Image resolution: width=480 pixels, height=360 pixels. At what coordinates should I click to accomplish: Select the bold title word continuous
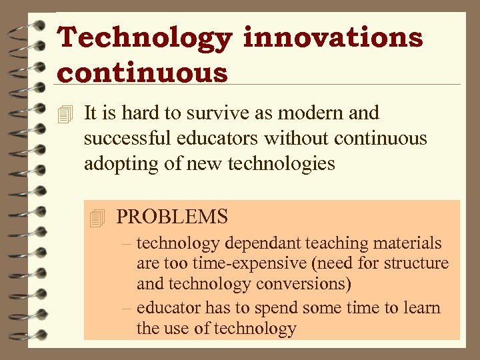(143, 72)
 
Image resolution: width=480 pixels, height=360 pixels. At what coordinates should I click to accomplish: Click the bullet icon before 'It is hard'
(64, 115)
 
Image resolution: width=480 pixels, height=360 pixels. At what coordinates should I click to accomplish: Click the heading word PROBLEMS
(172, 217)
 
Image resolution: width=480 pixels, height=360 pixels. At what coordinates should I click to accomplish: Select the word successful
(127, 139)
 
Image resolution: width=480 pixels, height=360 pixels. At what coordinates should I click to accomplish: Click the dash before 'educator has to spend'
(126, 308)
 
